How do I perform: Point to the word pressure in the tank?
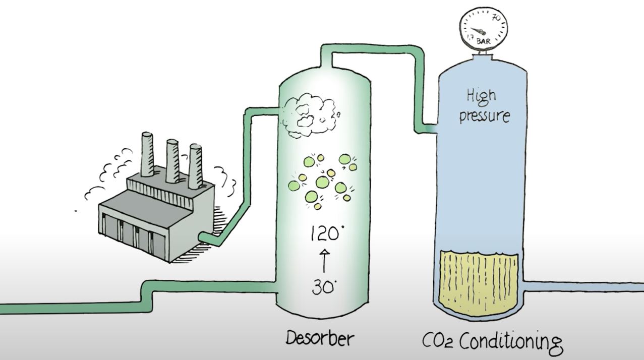coord(484,115)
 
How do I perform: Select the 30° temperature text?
coord(321,287)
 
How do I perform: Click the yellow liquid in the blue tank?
coord(479,280)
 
